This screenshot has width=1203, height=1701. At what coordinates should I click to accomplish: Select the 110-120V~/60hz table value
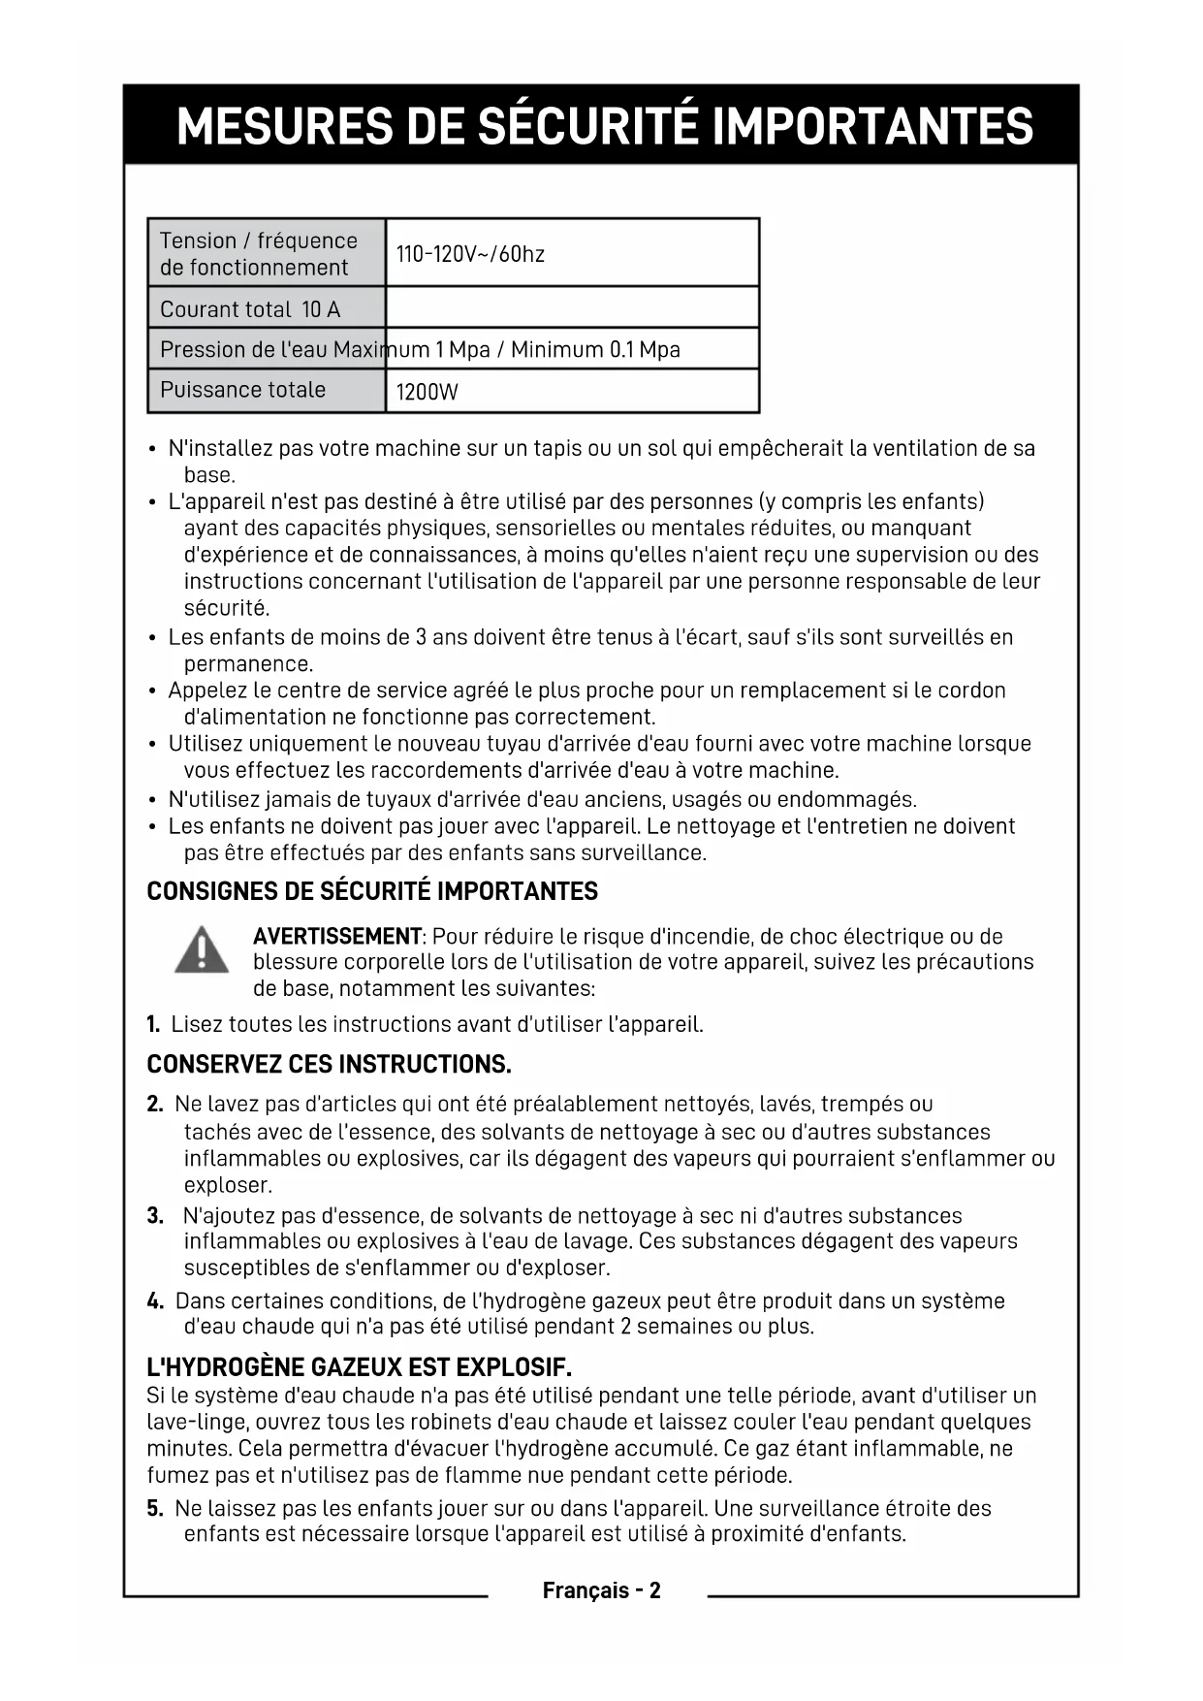point(470,255)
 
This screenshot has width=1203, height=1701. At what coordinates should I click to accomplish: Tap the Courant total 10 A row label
point(250,309)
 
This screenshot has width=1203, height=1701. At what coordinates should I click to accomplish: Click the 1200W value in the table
point(427,393)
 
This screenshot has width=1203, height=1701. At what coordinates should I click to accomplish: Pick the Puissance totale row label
point(242,390)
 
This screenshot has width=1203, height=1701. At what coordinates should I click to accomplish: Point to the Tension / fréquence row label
point(258,254)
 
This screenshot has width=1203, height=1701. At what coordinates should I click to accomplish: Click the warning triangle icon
point(202,950)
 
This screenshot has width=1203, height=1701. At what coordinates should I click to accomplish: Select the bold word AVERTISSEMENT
point(337,937)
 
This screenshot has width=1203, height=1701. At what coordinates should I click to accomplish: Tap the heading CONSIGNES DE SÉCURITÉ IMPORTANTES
point(372,892)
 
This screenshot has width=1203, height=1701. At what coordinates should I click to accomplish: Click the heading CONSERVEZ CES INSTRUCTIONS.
point(329,1065)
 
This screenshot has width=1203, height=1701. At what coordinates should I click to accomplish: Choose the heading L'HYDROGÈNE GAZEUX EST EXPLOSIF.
point(359,1367)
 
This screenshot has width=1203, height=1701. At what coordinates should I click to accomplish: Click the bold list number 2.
point(155,1105)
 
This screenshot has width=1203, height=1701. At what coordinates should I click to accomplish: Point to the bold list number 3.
point(155,1216)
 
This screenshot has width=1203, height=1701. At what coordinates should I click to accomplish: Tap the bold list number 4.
point(155,1301)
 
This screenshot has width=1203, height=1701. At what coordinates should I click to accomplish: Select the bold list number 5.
point(155,1509)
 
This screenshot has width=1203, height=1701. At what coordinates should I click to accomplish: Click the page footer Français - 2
point(601,1590)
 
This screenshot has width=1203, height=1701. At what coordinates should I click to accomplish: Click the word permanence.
point(248,665)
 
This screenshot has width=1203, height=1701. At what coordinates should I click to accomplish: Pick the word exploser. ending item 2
point(229,1186)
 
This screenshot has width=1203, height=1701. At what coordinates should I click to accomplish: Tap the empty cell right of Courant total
point(572,307)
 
